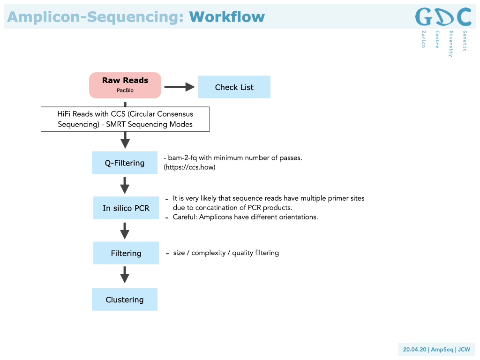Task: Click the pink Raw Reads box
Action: pos(125,85)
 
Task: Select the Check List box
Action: pos(234,87)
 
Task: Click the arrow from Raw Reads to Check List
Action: pos(180,87)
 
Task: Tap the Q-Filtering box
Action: pos(125,163)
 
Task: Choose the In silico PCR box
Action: pos(126,208)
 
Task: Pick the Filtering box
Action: pos(126,253)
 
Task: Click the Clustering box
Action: pos(125,300)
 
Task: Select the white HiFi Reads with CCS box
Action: pos(125,119)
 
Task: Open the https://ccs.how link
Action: pos(189,167)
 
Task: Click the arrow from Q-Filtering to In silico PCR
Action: pos(125,185)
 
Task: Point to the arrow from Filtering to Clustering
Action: pos(125,275)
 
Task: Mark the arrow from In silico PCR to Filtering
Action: pos(125,231)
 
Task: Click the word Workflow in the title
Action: pos(227,17)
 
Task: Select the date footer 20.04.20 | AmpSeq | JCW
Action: pos(436,349)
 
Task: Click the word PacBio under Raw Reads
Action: pos(125,90)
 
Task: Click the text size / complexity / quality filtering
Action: pos(226,253)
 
